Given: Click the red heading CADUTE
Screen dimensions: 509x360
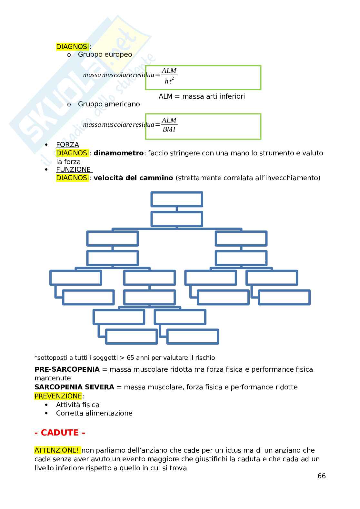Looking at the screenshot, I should point(60,433).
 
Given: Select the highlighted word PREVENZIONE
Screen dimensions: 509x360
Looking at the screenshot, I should point(58,396).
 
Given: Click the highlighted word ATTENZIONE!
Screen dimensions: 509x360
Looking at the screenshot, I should point(57,450).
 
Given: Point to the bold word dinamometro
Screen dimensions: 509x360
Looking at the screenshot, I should point(118,153).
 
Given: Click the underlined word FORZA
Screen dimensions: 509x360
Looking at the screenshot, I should point(67,145).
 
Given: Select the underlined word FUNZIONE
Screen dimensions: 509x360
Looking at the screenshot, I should point(74,169).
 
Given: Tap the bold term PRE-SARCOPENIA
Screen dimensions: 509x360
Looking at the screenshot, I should point(67,369).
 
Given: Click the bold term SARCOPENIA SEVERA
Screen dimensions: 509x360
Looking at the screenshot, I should point(74,387).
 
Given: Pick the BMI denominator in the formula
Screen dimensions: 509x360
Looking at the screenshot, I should point(169,130).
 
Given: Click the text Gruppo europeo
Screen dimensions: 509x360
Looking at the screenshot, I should point(105,54).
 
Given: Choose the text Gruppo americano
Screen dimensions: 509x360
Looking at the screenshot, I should point(109,104).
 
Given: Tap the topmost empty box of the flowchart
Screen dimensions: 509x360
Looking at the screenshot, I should point(176,199).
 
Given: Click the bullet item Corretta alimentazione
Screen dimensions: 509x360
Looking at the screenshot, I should point(94,413).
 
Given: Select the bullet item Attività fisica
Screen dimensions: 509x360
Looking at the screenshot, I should point(77,405).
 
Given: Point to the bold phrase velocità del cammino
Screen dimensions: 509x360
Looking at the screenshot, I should point(133,178).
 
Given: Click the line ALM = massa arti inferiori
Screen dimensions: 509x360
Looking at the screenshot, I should point(202,96).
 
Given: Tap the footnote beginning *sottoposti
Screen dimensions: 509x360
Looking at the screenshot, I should point(125,357).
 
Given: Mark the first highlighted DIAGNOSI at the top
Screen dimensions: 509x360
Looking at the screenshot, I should point(72,47).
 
